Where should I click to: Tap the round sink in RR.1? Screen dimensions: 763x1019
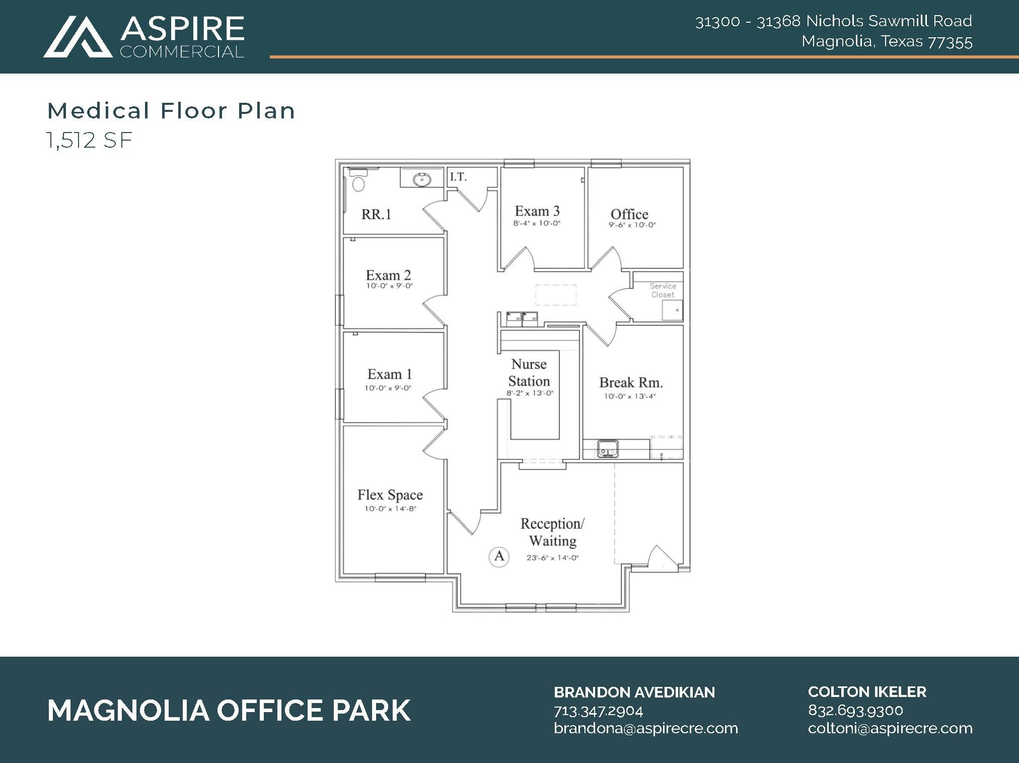(x=421, y=179)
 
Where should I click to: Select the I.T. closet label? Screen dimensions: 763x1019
(x=458, y=177)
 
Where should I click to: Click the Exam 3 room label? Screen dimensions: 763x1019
(x=537, y=211)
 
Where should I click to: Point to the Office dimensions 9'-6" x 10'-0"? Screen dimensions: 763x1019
(x=632, y=225)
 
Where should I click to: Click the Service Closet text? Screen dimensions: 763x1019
(x=663, y=290)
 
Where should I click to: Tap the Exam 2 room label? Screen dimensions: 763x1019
(x=388, y=275)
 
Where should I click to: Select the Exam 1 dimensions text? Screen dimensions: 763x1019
(x=388, y=388)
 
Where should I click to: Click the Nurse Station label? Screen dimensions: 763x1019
(x=529, y=372)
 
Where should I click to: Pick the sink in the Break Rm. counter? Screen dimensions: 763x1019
(x=608, y=448)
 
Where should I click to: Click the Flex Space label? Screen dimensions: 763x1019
(x=390, y=495)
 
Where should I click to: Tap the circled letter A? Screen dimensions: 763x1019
(x=499, y=556)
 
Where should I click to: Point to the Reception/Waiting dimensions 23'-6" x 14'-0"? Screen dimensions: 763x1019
(x=553, y=558)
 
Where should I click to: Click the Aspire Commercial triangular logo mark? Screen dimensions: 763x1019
(x=78, y=37)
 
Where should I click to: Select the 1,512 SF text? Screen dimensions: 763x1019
(x=90, y=140)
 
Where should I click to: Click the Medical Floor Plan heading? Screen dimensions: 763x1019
(x=171, y=111)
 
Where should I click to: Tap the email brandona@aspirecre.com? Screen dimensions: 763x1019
(x=645, y=728)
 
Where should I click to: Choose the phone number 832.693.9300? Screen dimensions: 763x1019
(x=855, y=710)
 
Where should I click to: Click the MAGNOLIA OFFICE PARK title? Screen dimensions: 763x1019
(x=229, y=710)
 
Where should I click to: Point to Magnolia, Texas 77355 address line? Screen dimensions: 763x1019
(x=887, y=41)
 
